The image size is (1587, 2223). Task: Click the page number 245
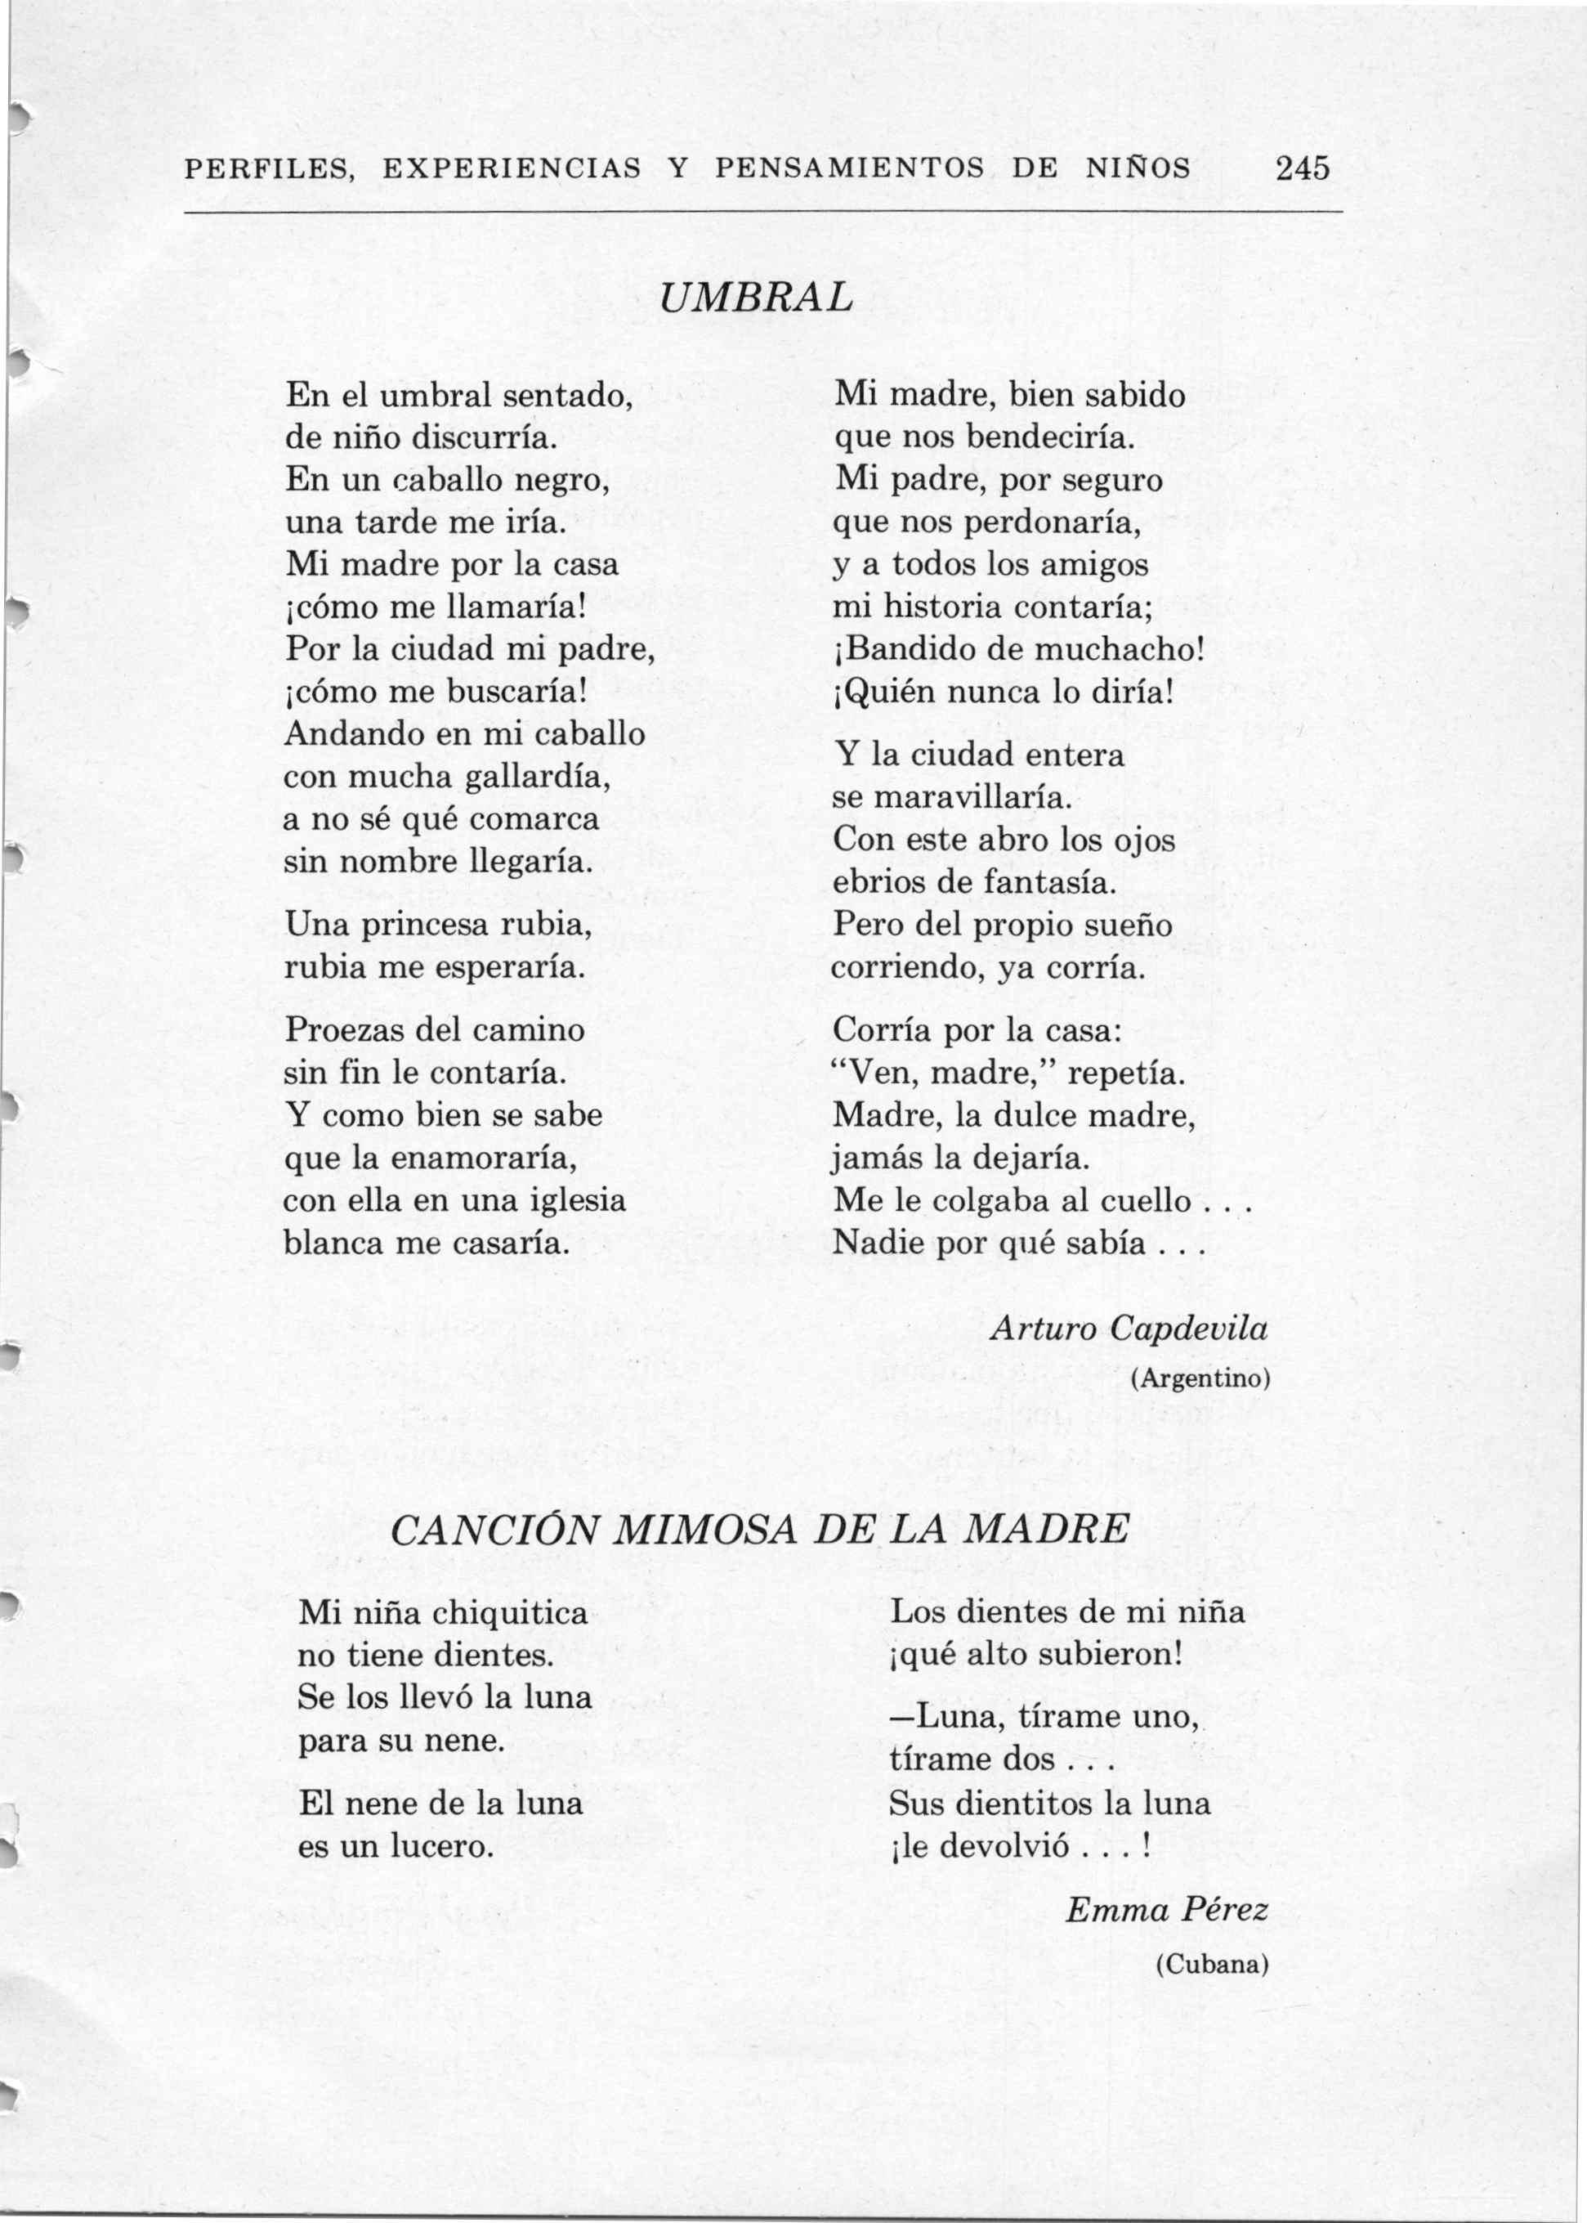(x=1302, y=168)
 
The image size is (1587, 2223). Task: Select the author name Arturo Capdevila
(x=1129, y=1329)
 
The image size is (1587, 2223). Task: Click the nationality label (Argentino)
(x=1200, y=1378)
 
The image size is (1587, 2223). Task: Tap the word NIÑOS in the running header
(x=1138, y=169)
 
